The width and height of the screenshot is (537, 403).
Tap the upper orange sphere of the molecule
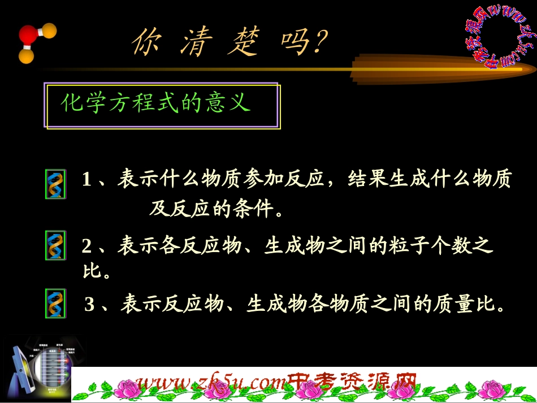49,30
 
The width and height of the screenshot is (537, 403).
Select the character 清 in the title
194,42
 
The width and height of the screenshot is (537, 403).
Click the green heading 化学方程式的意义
155,103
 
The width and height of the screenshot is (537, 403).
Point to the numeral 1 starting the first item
86,180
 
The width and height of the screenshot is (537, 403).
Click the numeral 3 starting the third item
89,306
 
